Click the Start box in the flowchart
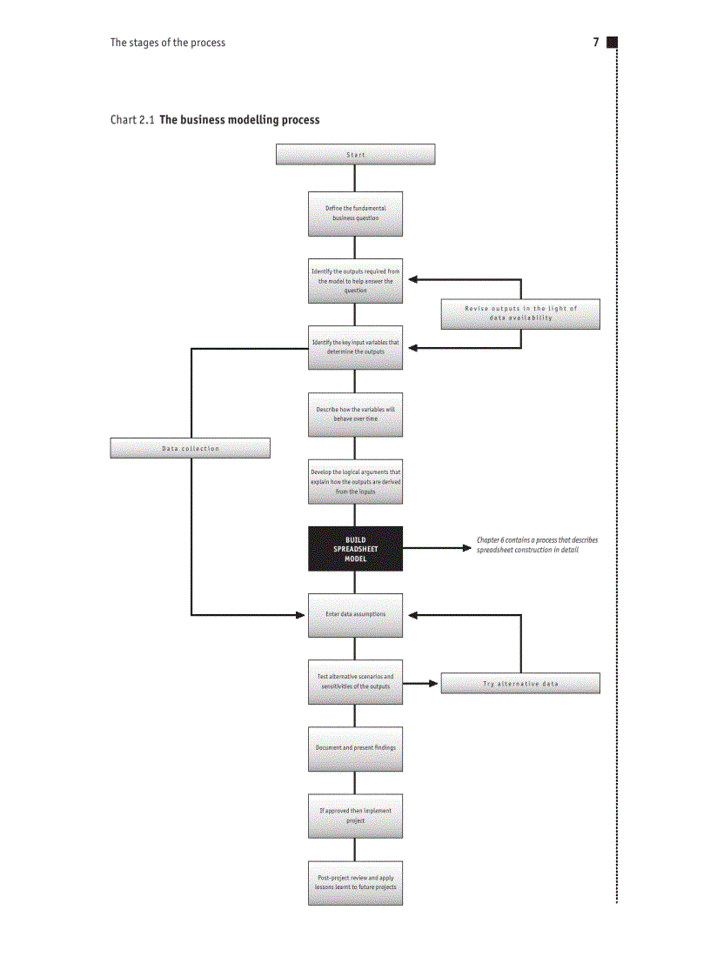355,155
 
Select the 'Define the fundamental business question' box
355,214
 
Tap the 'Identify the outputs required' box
355,281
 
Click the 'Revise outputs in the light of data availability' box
520,313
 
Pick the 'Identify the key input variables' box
355,347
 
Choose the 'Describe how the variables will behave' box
355,414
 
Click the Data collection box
190,448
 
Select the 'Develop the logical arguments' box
355,482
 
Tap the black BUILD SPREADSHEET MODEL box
355,549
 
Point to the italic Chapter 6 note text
537,545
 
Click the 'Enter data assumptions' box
355,615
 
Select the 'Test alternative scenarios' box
355,682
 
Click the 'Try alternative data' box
520,684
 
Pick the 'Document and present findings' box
355,748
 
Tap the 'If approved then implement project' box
355,816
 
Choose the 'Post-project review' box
355,883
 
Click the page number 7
596,43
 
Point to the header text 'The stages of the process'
167,43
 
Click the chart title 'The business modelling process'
239,120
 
